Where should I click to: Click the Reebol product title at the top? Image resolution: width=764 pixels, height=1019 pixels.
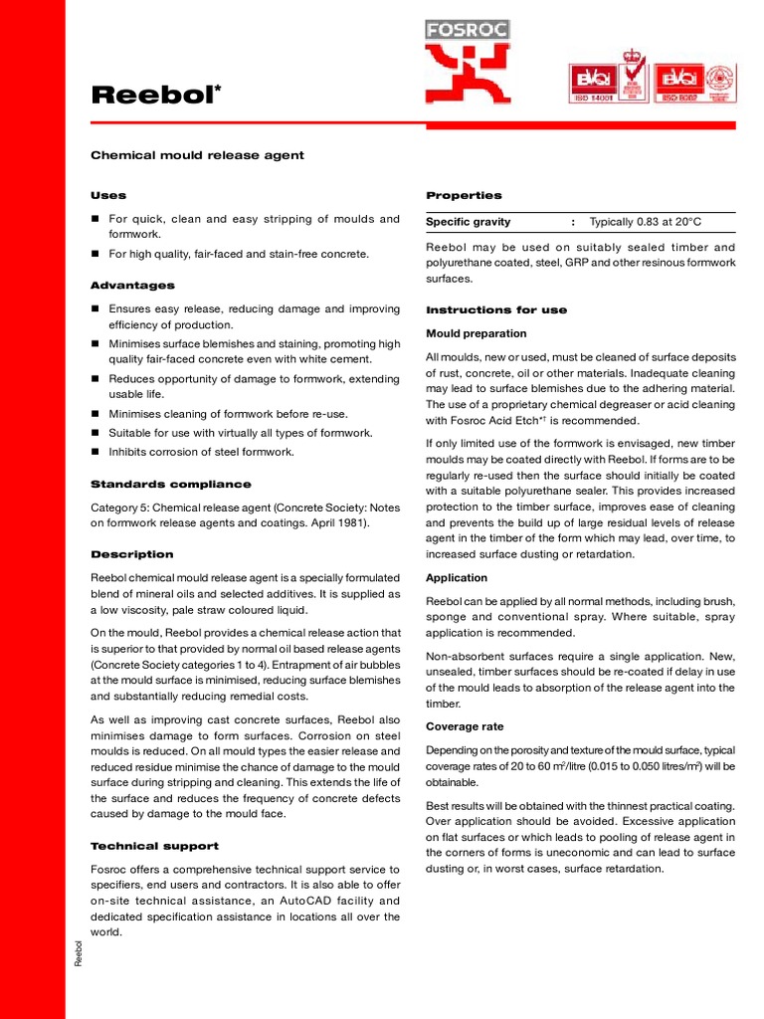click(x=154, y=96)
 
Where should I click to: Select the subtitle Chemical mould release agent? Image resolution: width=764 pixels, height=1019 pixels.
click(x=197, y=155)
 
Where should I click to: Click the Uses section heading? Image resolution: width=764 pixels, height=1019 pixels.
click(x=108, y=195)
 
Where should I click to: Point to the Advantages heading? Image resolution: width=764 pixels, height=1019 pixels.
click(x=132, y=286)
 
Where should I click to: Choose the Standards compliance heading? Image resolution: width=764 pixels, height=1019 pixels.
click(x=170, y=485)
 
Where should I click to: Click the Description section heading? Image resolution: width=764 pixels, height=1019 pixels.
click(x=131, y=554)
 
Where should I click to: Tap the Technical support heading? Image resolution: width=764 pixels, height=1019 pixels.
click(x=154, y=846)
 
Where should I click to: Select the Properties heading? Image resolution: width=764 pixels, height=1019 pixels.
click(x=464, y=195)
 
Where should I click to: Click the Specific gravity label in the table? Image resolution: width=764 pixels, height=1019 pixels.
click(x=468, y=222)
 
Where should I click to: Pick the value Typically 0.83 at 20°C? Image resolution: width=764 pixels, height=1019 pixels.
click(x=645, y=222)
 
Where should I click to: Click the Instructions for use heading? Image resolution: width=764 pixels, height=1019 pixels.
click(x=496, y=309)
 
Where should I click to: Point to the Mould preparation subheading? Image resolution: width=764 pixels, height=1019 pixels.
click(x=476, y=333)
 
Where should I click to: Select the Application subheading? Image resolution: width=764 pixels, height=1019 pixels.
click(x=457, y=577)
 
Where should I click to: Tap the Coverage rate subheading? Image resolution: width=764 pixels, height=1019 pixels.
click(x=464, y=725)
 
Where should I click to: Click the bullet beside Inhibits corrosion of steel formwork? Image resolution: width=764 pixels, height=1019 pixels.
click(x=95, y=452)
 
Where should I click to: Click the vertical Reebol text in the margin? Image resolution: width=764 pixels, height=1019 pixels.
click(x=79, y=952)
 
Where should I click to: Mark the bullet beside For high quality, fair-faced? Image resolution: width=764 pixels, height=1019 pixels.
click(x=95, y=255)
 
